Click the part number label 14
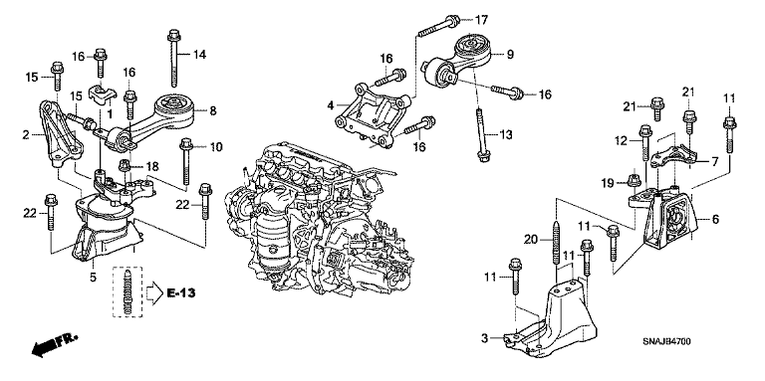coord(198,53)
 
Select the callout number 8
coord(212,111)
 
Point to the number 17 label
coord(482,20)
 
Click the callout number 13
coord(505,134)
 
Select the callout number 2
coord(25,132)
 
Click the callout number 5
coord(93,278)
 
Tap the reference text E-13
coord(179,293)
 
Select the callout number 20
coord(530,238)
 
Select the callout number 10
coord(216,148)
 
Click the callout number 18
coord(152,165)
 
